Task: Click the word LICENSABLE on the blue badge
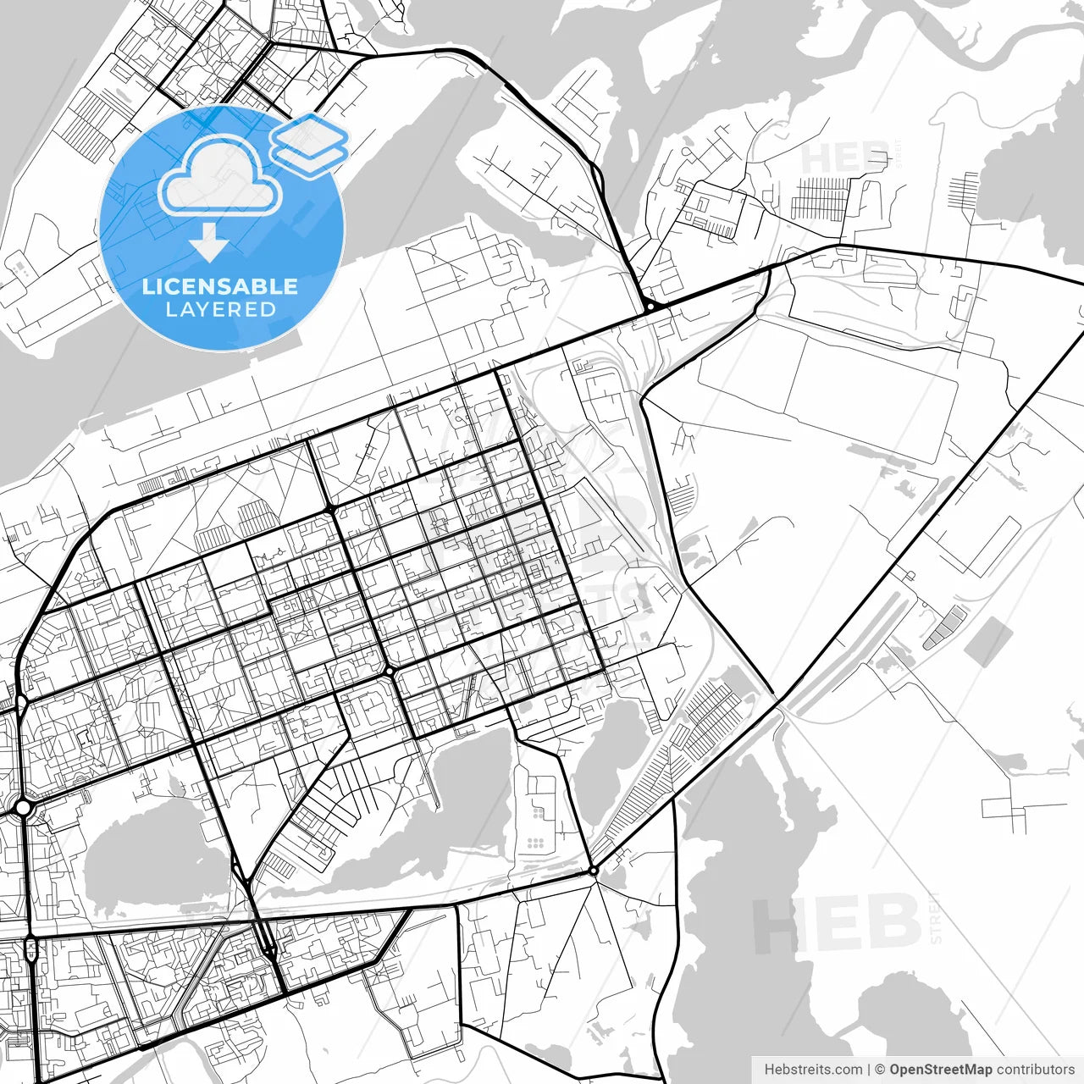(220, 286)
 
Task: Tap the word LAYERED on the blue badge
(220, 309)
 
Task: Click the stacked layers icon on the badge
(310, 145)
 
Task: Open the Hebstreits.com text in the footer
(813, 1070)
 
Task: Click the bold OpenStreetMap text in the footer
(940, 1070)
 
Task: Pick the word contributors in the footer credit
(1035, 1070)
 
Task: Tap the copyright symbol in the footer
(880, 1070)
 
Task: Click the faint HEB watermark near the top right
(843, 158)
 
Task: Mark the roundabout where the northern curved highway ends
(648, 306)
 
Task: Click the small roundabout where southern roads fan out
(593, 871)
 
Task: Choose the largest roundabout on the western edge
(23, 808)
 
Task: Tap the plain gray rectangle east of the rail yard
(988, 641)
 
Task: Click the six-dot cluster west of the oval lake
(534, 843)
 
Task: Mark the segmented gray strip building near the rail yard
(944, 628)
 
